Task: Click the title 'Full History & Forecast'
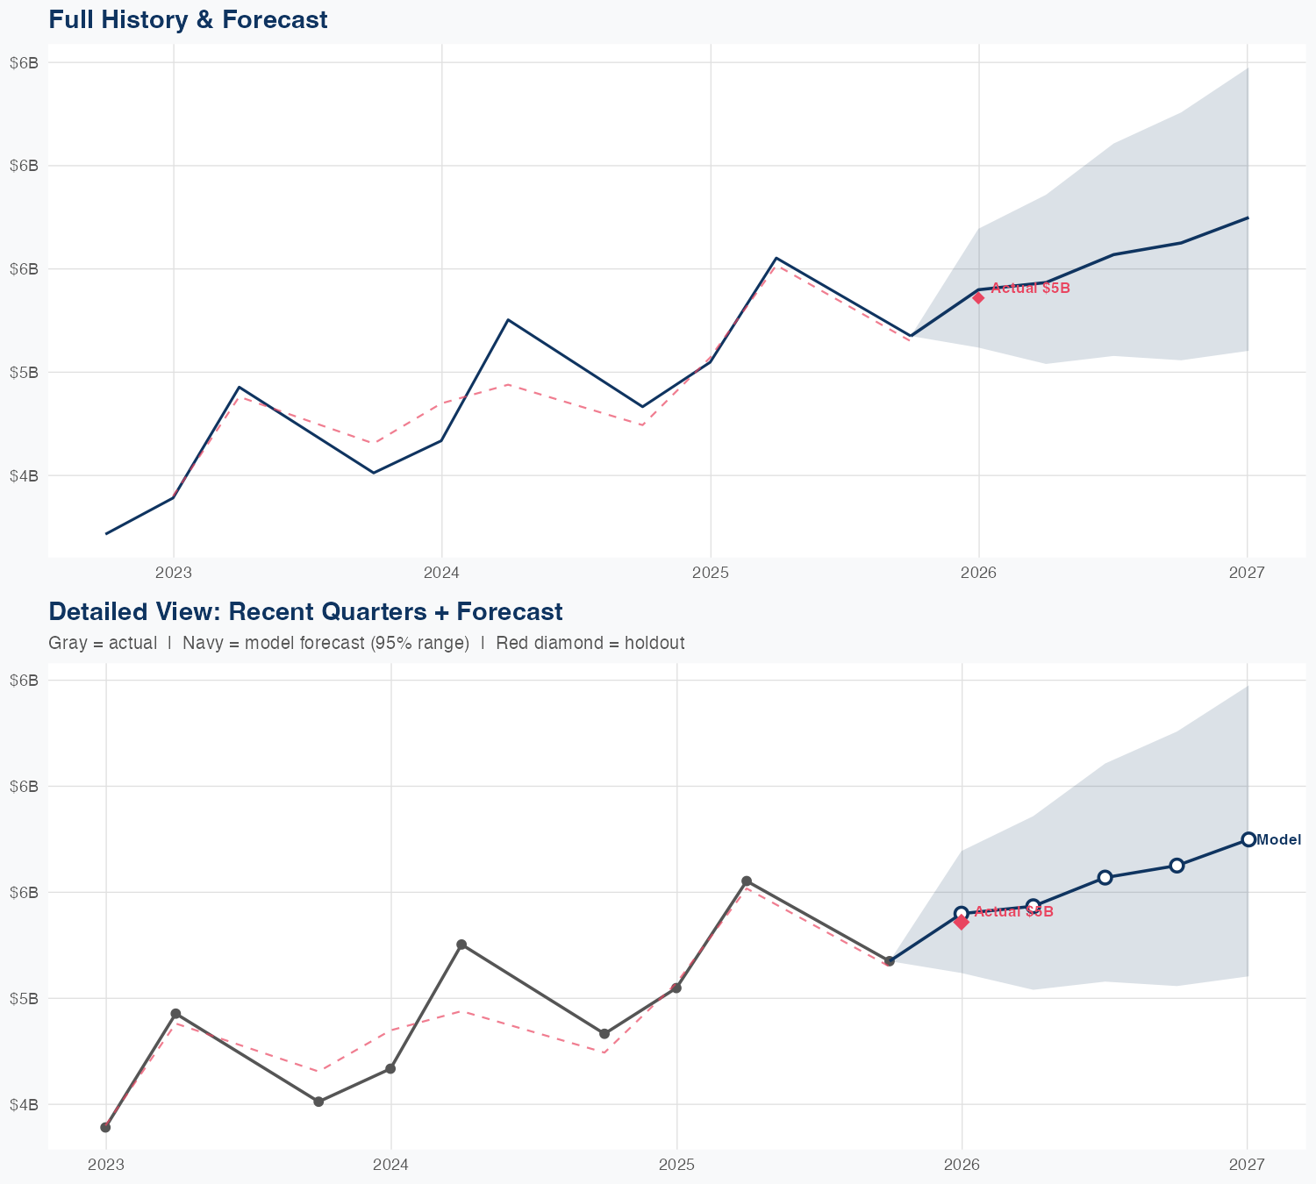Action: (x=188, y=19)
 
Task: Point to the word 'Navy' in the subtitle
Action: (x=201, y=643)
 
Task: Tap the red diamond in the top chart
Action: (x=978, y=297)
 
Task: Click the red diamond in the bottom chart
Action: (x=962, y=922)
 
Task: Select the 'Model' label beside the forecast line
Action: (x=1278, y=840)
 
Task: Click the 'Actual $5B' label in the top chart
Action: (x=1030, y=288)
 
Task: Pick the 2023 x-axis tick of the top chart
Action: (x=173, y=573)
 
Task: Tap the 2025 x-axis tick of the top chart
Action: (x=710, y=573)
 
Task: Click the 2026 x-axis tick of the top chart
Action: (x=978, y=573)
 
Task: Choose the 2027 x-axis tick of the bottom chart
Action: (x=1247, y=1165)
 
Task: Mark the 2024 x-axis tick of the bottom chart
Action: (x=390, y=1165)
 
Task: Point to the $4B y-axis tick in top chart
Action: (x=24, y=475)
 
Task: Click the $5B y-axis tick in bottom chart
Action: (x=24, y=998)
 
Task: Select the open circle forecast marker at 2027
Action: (x=1248, y=839)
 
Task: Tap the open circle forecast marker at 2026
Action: (x=962, y=913)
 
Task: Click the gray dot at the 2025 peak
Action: (x=747, y=881)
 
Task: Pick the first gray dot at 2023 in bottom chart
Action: (x=105, y=1127)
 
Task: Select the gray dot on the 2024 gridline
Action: (x=390, y=1068)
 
